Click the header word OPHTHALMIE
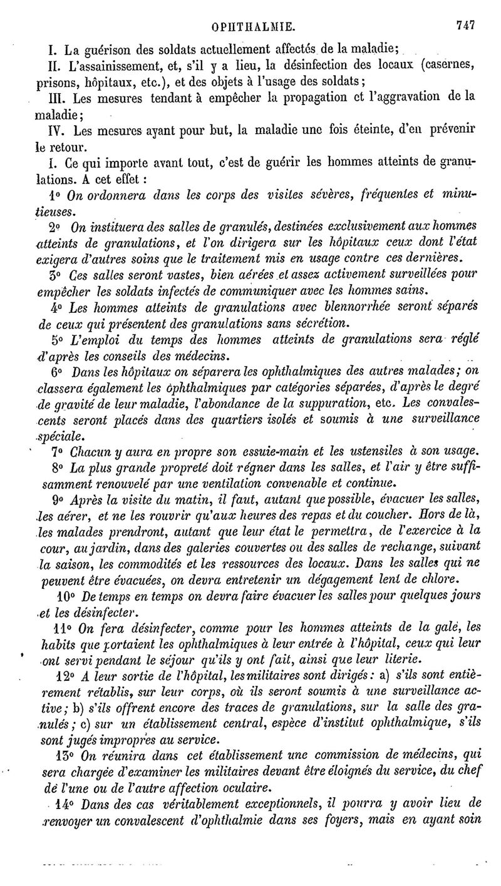(x=254, y=27)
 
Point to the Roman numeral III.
(x=58, y=98)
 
